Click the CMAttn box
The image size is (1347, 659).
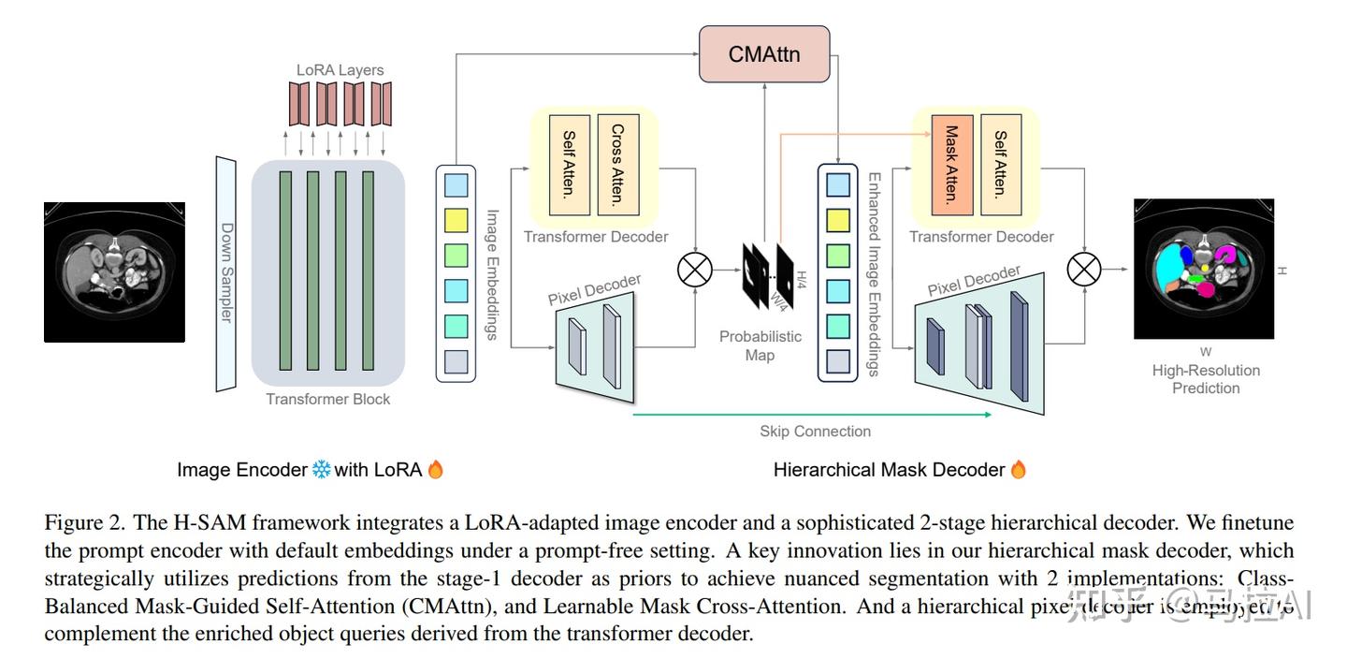point(764,54)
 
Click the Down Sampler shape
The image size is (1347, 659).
point(226,272)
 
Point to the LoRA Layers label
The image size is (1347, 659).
point(340,70)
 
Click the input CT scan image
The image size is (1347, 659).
point(114,271)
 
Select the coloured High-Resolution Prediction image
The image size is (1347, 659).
point(1203,269)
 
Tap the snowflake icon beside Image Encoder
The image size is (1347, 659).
point(321,470)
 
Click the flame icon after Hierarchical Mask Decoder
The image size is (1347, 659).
point(1019,470)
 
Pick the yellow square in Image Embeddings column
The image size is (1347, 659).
point(456,220)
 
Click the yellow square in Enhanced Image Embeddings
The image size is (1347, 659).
point(837,220)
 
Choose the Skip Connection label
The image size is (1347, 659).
point(815,432)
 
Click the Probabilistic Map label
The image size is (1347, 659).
point(760,345)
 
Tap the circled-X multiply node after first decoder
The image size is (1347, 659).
point(694,271)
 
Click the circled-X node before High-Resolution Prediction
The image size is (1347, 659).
point(1084,271)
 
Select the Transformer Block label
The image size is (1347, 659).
point(327,400)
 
